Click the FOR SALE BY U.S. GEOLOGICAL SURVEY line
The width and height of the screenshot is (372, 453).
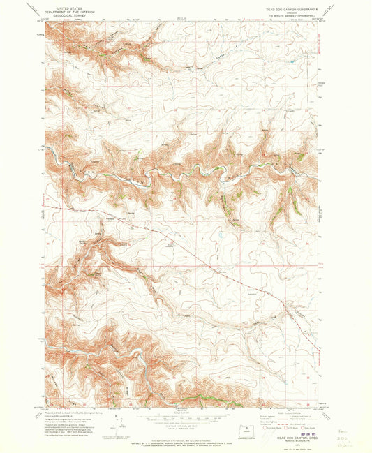183,438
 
